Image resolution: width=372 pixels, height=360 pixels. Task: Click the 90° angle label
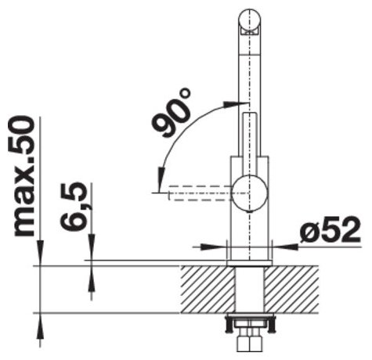171,112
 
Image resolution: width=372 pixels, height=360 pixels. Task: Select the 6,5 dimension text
73,206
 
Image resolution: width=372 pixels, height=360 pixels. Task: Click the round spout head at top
250,20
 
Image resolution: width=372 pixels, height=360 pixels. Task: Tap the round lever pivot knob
251,193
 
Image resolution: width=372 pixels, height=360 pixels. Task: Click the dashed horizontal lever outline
200,193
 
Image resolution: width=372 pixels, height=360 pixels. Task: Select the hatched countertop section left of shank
208,289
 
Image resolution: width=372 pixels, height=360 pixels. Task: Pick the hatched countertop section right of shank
292,289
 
